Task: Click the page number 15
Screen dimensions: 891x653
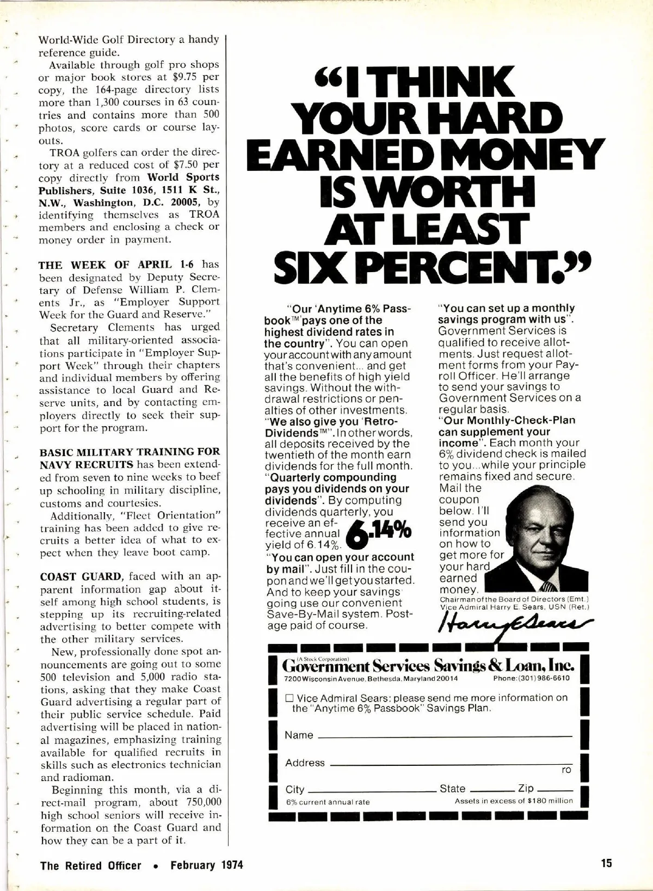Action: coord(607,863)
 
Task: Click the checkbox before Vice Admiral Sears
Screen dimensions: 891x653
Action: coord(289,698)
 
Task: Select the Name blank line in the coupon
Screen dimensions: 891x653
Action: coord(444,736)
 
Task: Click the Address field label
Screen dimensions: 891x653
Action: coord(305,763)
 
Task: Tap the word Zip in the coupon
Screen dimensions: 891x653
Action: coord(526,788)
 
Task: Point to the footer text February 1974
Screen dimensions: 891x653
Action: coord(207,865)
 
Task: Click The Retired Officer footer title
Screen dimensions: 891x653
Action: coord(91,865)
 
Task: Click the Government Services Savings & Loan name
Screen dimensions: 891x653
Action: coord(428,666)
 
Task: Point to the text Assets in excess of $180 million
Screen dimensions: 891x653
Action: coord(514,801)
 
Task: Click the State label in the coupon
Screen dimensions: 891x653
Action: coord(452,788)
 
